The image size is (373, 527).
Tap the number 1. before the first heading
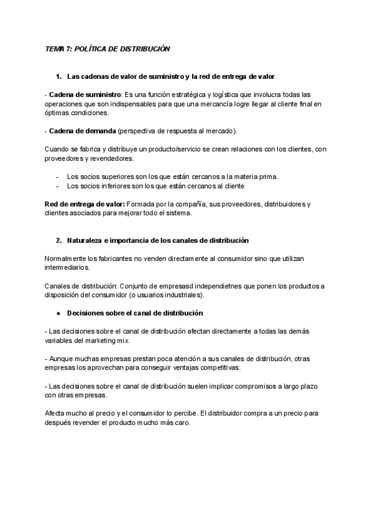point(59,76)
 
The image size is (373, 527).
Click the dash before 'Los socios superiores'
point(58,176)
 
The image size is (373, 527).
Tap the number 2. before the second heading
point(59,240)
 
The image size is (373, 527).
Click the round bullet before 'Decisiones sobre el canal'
point(58,313)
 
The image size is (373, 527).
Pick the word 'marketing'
point(99,341)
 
